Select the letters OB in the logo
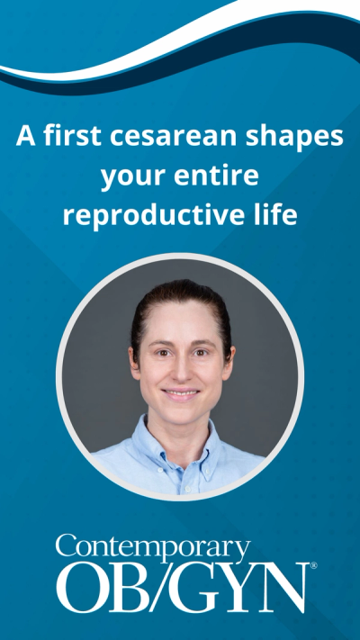(x=93, y=587)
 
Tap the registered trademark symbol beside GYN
(x=313, y=566)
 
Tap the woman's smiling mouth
(x=181, y=393)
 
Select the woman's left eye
(x=201, y=353)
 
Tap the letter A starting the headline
(x=24, y=138)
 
